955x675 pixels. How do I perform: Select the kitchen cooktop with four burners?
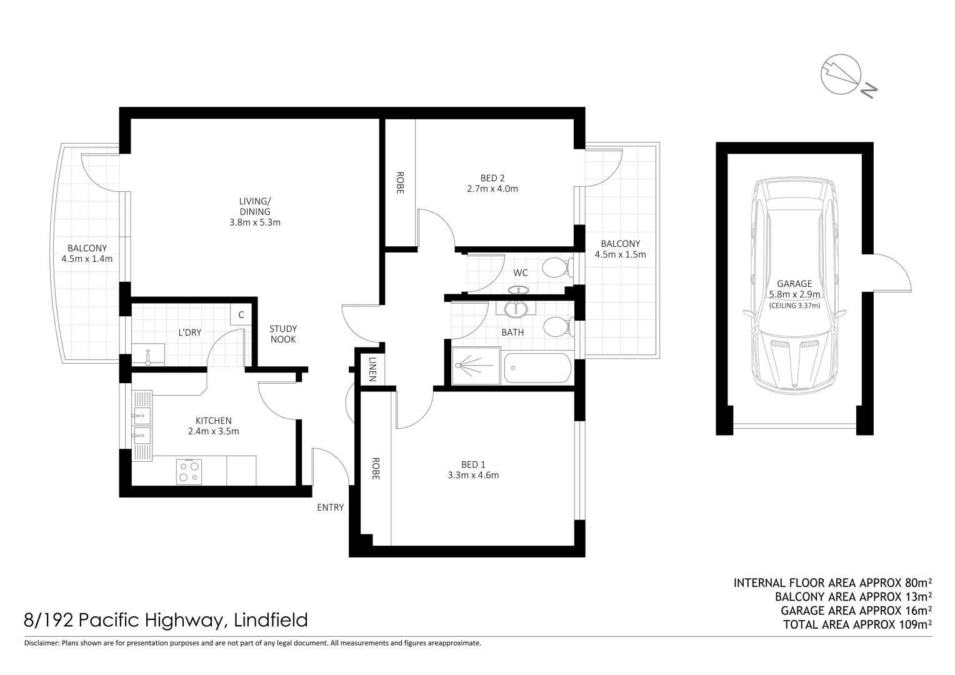tap(189, 471)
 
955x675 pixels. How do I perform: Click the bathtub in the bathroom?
tap(537, 369)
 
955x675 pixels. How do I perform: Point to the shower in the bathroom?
tap(476, 367)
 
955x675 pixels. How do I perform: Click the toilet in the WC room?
tap(556, 268)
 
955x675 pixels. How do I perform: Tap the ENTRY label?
tap(330, 507)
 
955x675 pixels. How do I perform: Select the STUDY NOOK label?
tap(283, 334)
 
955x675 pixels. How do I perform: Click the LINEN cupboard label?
tap(372, 369)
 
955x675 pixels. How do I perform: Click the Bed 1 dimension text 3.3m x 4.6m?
tap(473, 475)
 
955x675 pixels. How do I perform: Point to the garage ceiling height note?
tap(794, 306)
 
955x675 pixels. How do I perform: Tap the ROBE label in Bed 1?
tap(376, 469)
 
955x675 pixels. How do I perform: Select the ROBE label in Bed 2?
tap(400, 182)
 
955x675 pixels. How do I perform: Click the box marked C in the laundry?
tap(241, 315)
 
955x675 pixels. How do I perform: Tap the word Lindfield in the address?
tap(271, 621)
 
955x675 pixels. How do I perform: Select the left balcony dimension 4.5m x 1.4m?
tap(87, 259)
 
